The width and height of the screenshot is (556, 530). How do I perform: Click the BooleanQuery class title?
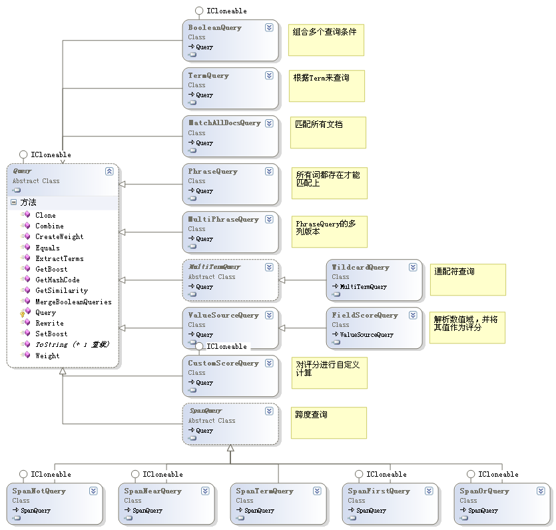(x=214, y=28)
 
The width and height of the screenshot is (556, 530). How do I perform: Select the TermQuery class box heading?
(x=208, y=76)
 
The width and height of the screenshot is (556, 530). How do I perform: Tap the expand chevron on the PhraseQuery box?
(x=269, y=171)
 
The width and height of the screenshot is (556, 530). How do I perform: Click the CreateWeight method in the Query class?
(x=59, y=236)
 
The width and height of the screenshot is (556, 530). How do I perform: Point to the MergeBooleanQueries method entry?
(x=73, y=302)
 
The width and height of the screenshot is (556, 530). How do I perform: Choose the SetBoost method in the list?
(x=51, y=334)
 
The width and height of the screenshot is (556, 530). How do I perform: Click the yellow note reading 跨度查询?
(x=328, y=422)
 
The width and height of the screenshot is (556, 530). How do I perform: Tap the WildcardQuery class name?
(x=360, y=268)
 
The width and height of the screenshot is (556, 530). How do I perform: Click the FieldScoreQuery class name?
(x=364, y=316)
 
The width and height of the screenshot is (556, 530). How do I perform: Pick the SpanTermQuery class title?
(x=264, y=491)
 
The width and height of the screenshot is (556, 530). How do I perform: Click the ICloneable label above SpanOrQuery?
(x=498, y=474)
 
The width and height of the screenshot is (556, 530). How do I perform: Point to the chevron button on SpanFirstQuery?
(x=429, y=491)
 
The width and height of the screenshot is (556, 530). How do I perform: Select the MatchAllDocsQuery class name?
(x=224, y=123)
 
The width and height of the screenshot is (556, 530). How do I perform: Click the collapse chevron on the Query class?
(x=109, y=171)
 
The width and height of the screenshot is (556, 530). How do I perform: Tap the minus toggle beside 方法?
(x=13, y=202)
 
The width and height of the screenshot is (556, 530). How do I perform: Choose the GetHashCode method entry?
(x=57, y=280)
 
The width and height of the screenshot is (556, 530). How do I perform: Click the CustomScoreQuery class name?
(x=223, y=364)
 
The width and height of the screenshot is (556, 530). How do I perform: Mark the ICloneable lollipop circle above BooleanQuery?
(x=199, y=11)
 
